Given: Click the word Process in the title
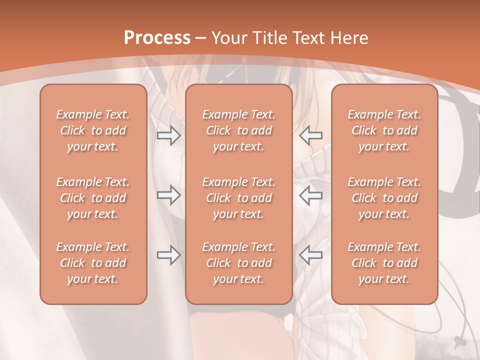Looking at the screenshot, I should (157, 38).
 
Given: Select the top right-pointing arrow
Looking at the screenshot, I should (168, 135).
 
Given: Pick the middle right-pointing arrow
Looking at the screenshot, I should (168, 195).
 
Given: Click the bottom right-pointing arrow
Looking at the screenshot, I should (168, 255).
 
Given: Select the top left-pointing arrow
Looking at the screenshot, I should (311, 135).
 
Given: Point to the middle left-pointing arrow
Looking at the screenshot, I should (311, 195).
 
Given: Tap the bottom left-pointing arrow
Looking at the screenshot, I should (311, 255).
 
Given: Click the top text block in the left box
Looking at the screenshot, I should (93, 130).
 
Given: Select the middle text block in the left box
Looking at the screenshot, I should (93, 198).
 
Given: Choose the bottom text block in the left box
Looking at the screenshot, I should (93, 263).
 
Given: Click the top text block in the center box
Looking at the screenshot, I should (239, 130).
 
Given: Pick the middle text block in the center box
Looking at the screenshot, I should (239, 198).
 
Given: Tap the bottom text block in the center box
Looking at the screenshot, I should (239, 263).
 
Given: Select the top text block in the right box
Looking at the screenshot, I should (384, 130).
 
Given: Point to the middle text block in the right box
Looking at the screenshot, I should (384, 198).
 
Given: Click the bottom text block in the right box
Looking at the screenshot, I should (384, 263).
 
